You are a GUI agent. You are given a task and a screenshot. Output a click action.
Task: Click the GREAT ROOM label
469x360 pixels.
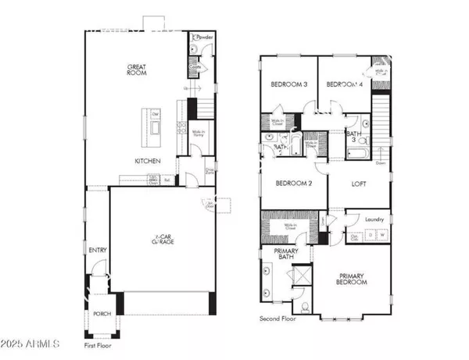coord(138,71)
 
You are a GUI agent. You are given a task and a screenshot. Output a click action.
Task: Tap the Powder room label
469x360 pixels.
coord(205,37)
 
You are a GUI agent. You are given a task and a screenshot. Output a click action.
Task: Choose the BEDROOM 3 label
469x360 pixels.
coord(288,84)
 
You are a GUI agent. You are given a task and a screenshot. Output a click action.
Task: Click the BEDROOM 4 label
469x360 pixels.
coord(343,84)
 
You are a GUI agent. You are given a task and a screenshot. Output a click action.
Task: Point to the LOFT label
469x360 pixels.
coord(359,185)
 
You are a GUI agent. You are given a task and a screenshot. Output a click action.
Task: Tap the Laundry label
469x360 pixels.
coord(374,219)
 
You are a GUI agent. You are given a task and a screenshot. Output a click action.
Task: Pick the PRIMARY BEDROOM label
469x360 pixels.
coord(352,280)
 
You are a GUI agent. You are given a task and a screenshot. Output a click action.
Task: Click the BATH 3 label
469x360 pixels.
coord(354,137)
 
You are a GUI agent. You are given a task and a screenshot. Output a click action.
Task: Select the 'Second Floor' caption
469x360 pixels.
coord(281,319)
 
